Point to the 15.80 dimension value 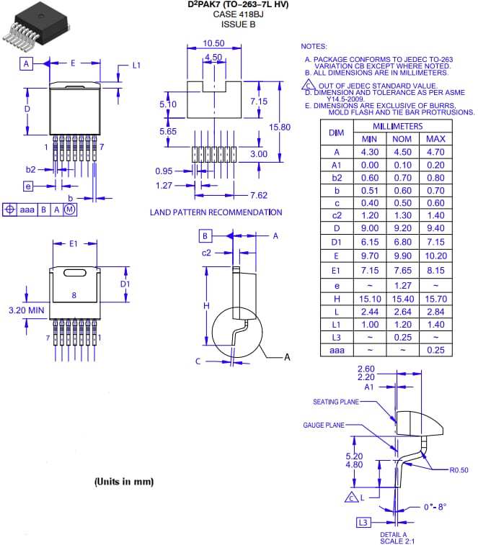coord(279,127)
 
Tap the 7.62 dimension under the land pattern coord(259,195)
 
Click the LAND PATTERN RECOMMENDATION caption coord(216,212)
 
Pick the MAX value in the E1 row coord(435,271)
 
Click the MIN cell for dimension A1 coord(369,164)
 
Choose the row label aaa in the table coord(336,350)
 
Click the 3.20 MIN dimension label coord(26,310)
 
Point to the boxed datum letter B coord(205,235)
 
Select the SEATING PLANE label coord(335,402)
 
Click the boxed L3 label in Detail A coord(363,522)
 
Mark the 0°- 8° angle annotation coord(435,506)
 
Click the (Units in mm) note coord(123,481)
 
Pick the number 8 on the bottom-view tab coord(74,294)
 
